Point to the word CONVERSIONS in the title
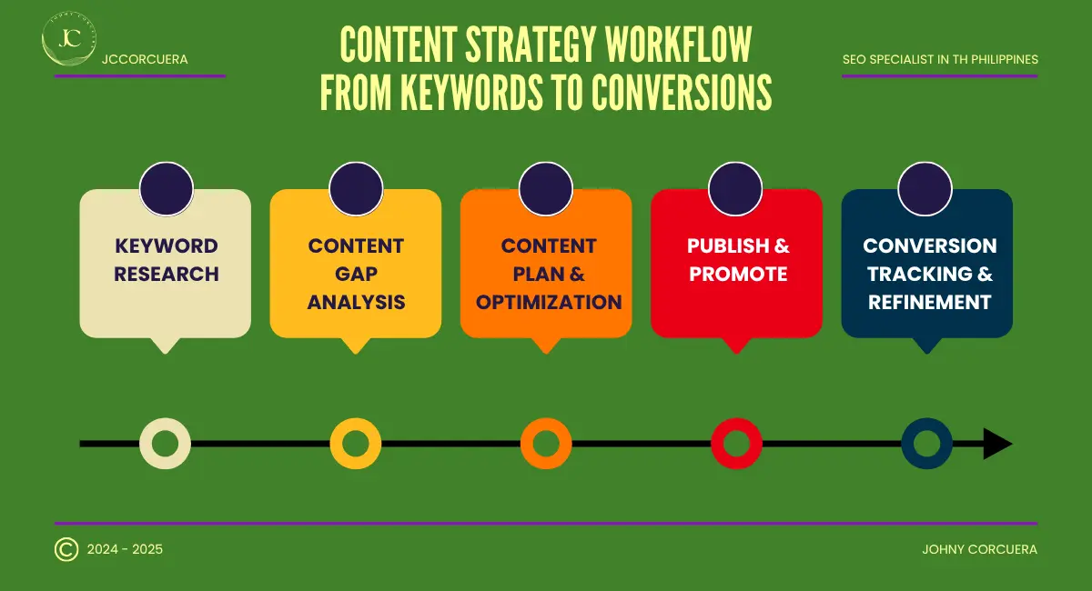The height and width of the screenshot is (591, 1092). pyautogui.click(x=682, y=91)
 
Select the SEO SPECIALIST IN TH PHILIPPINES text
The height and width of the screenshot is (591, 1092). pyautogui.click(x=940, y=60)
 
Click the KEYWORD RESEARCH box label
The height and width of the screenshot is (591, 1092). pyautogui.click(x=166, y=260)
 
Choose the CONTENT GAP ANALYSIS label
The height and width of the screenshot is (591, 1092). pyautogui.click(x=356, y=274)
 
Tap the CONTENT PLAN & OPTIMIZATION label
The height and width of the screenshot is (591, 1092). pyautogui.click(x=548, y=274)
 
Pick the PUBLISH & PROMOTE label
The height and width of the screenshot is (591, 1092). pyautogui.click(x=738, y=260)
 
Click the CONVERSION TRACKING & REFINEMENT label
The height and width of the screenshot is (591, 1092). pyautogui.click(x=929, y=274)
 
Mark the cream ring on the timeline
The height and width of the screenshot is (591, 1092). pyautogui.click(x=165, y=444)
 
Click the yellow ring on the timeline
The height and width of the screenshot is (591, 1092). pyautogui.click(x=355, y=444)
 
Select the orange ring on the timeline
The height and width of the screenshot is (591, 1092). pyautogui.click(x=546, y=444)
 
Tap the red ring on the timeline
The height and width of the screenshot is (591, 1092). pyautogui.click(x=736, y=444)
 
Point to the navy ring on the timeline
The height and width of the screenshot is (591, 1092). pyautogui.click(x=926, y=444)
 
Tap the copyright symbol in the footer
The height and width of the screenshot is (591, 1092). pyautogui.click(x=66, y=549)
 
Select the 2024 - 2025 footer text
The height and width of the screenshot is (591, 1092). pyautogui.click(x=125, y=549)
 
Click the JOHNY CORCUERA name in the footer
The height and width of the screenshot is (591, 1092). pyautogui.click(x=979, y=549)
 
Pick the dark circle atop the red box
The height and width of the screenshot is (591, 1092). pyautogui.click(x=735, y=188)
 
